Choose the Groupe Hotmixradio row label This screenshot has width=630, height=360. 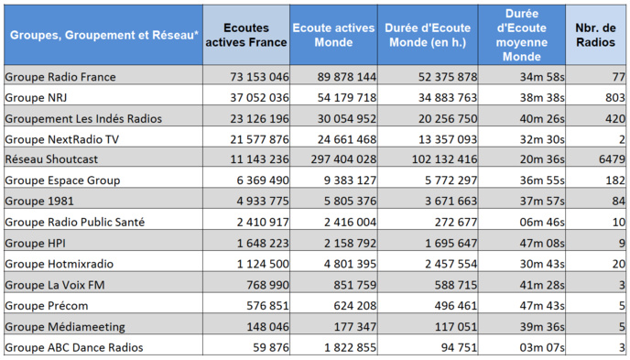60,263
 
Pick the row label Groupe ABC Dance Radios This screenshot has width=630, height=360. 73,347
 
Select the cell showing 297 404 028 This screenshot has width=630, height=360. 334,159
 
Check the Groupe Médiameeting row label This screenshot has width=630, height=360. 63,326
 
